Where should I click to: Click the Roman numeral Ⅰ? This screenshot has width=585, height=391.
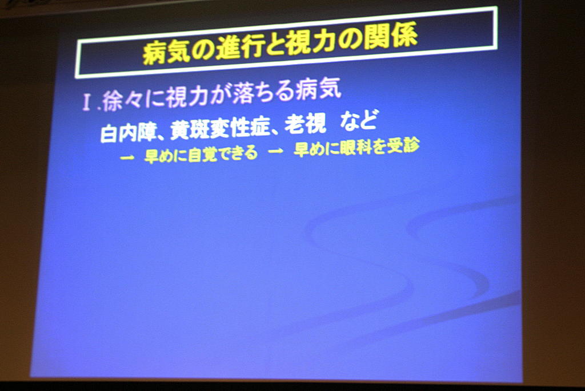pos(87,102)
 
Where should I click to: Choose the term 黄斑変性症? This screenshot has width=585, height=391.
pos(219,128)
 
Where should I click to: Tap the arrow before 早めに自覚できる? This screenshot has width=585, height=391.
pos(127,158)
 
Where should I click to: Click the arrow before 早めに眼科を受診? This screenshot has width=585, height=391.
pos(275,151)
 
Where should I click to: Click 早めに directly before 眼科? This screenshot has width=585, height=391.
pos(315,149)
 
